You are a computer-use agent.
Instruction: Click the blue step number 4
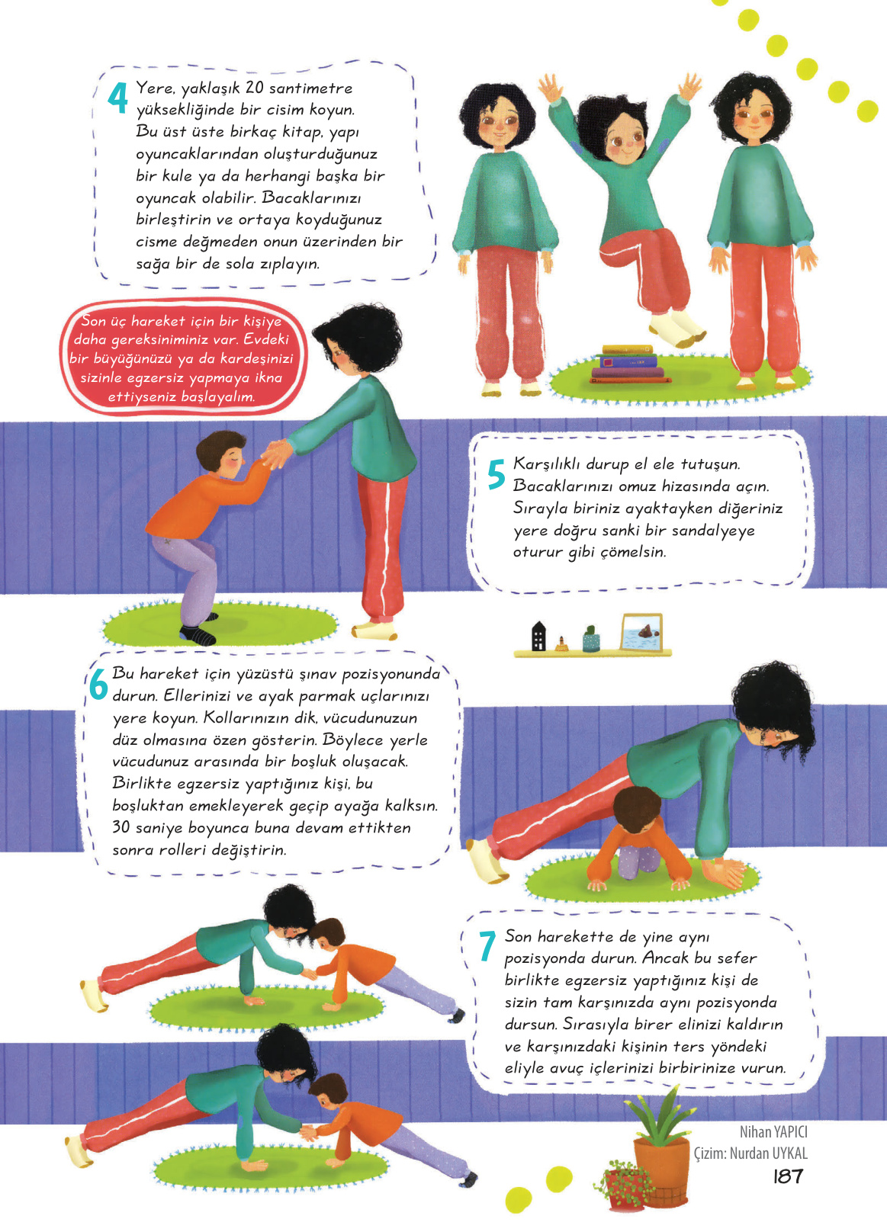pos(117,98)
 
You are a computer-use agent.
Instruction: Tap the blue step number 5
pos(496,473)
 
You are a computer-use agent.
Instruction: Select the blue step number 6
pos(98,684)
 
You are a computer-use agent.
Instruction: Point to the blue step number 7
pos(487,946)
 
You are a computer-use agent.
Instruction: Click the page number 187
pos(788,1176)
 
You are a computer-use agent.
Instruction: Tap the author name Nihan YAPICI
pos(773,1132)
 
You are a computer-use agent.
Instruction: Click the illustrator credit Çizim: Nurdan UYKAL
pos(750,1153)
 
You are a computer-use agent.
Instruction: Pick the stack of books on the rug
pos(628,364)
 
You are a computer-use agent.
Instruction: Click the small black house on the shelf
pos(538,637)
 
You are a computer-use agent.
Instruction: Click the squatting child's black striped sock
pos(197,634)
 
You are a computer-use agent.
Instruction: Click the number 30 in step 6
pos(121,827)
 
